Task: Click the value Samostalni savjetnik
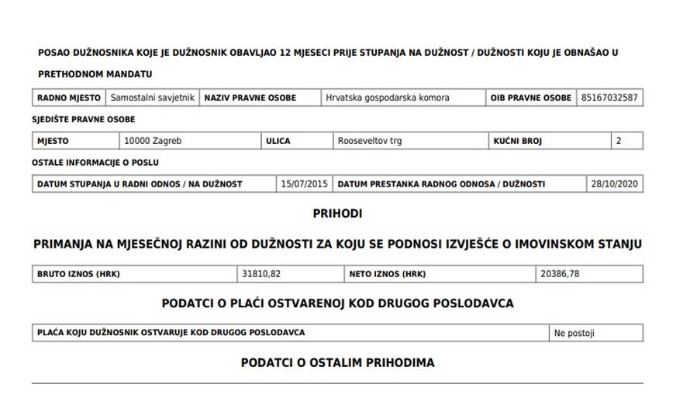pos(153,98)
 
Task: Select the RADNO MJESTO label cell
pos(69,98)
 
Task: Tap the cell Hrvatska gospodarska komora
pos(388,98)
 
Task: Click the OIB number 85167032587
pos(609,98)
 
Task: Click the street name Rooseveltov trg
pos(370,142)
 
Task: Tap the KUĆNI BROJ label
pos(517,142)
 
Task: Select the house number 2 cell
pos(619,142)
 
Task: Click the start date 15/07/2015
pos(305,184)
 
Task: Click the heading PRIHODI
pos(337,213)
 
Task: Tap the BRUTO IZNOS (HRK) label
pos(79,274)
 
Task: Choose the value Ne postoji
pos(574,334)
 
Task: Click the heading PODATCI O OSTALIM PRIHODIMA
pos(337,362)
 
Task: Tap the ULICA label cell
pos(278,142)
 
